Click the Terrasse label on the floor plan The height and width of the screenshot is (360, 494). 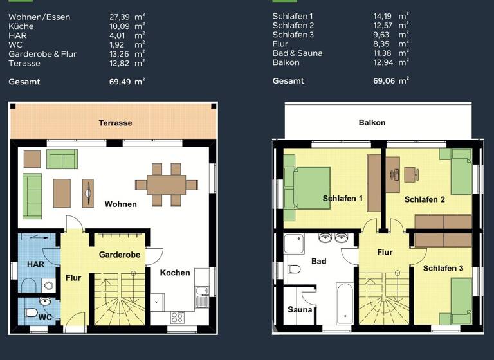pos(115,123)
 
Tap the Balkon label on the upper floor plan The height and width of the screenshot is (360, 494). pos(372,122)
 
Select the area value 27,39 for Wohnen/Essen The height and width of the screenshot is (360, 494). pos(120,17)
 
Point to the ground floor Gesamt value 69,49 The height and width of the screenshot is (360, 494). pos(120,82)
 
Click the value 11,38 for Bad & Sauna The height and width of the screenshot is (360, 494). pos(383,53)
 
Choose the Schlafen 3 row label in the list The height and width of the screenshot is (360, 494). pos(293,35)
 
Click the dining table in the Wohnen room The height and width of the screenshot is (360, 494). pos(166,184)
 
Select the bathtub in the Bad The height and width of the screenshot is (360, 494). pos(345,302)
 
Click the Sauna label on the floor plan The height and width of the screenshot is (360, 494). pos(300,310)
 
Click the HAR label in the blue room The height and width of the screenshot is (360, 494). pos(35,264)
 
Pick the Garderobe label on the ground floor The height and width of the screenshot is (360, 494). pos(119,255)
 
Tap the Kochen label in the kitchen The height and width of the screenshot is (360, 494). pos(175,273)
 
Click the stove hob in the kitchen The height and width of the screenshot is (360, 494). pos(177,317)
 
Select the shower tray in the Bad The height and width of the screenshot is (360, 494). pos(294,244)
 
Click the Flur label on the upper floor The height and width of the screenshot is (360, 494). pos(385,253)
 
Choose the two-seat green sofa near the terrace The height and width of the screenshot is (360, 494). pos(62,159)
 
